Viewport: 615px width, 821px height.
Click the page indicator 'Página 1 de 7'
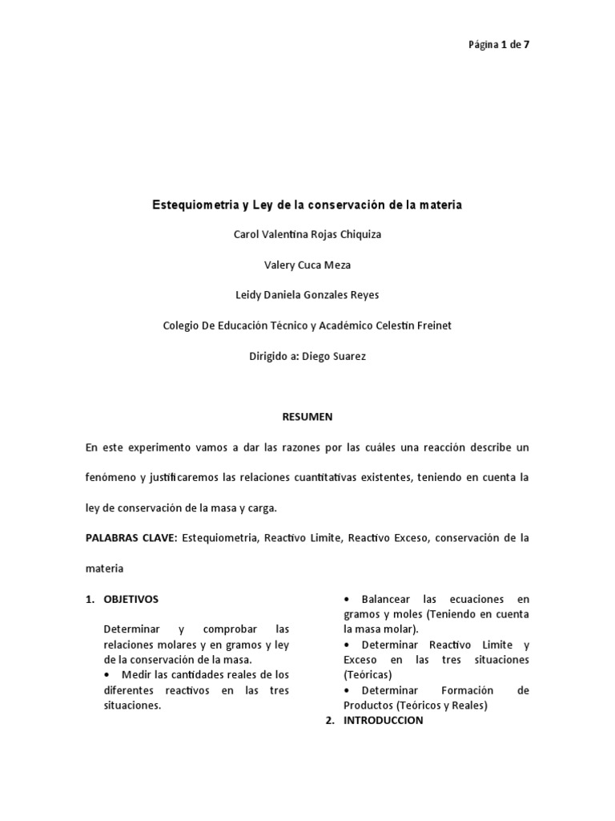(x=498, y=45)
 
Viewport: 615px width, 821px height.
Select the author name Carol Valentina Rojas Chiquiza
(x=307, y=236)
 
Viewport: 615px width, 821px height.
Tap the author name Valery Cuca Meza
(x=307, y=265)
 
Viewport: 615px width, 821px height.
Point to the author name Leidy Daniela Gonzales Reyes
(x=307, y=295)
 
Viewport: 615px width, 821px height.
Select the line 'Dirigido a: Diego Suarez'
(x=307, y=356)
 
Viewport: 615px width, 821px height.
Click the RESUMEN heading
(x=307, y=417)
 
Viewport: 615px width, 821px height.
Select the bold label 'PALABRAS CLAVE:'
(x=131, y=538)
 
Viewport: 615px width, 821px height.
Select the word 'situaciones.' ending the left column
(x=132, y=706)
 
